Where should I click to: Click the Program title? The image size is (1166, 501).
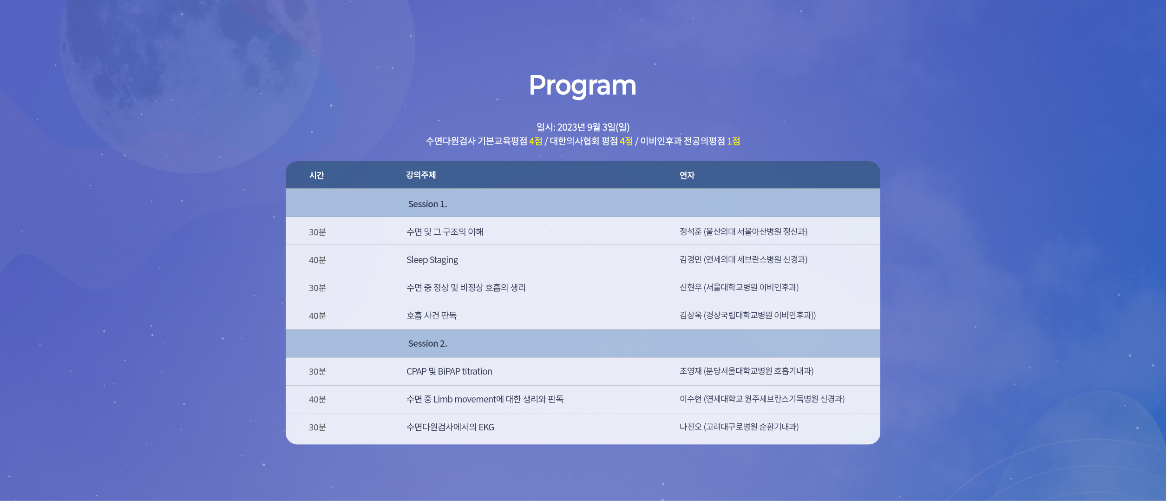tap(583, 86)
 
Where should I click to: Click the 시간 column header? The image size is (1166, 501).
tap(316, 175)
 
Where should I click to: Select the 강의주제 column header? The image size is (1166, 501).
tap(421, 175)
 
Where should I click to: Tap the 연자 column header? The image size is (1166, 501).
tap(687, 175)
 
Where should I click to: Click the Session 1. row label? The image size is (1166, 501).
tap(427, 204)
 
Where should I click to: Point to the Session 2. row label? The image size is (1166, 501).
tap(427, 343)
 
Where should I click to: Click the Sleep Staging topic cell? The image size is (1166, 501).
tap(432, 260)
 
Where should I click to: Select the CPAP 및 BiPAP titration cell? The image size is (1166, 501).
tap(449, 371)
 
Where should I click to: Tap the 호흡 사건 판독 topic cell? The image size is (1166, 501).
tap(432, 315)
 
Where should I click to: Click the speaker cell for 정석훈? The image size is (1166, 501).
tap(743, 231)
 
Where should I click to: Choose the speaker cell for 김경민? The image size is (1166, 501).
tap(743, 259)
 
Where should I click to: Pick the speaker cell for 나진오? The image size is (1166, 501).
tap(739, 427)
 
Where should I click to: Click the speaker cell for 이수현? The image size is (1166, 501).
tap(762, 399)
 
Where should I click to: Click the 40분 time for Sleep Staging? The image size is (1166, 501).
tap(317, 260)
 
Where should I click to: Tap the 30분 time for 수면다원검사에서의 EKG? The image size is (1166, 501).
tap(317, 427)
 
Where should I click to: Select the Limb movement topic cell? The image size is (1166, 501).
tap(485, 399)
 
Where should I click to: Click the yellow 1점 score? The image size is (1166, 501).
tap(734, 141)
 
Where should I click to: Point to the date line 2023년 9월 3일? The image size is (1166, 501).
tap(583, 127)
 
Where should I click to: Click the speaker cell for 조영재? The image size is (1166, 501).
tap(747, 371)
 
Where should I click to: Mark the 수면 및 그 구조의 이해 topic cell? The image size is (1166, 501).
tap(445, 231)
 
